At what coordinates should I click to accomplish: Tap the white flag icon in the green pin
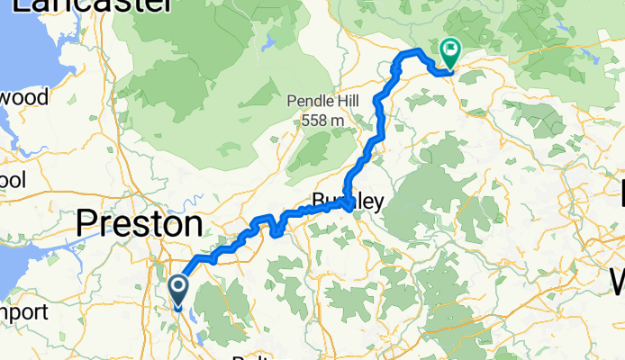click(x=448, y=50)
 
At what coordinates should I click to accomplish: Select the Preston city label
click(x=139, y=222)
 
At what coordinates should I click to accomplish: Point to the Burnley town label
click(x=347, y=203)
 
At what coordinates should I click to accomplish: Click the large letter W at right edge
click(x=616, y=283)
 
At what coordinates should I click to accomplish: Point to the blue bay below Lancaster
click(x=18, y=45)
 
